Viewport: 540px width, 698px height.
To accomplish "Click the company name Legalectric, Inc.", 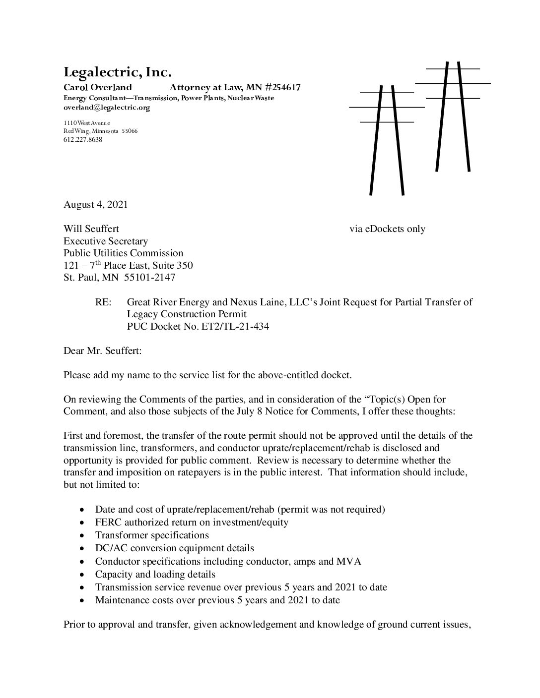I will click(x=117, y=73).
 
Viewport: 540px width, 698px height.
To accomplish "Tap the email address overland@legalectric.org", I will click(x=106, y=107).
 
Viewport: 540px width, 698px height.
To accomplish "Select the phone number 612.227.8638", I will click(x=82, y=140).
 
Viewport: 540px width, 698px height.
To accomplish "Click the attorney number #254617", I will click(x=280, y=88).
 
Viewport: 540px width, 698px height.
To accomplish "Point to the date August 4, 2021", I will click(x=95, y=204).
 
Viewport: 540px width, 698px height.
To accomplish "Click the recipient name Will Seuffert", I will click(x=91, y=229).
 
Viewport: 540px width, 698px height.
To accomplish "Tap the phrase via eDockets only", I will click(x=387, y=229).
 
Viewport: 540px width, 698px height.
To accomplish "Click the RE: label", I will click(x=103, y=302).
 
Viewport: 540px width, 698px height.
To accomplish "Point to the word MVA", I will click(x=350, y=561).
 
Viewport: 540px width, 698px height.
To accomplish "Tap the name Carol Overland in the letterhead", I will click(x=97, y=88).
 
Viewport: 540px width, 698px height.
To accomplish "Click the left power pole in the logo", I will click(x=387, y=139).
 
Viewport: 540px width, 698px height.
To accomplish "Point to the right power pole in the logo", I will click(x=453, y=116).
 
